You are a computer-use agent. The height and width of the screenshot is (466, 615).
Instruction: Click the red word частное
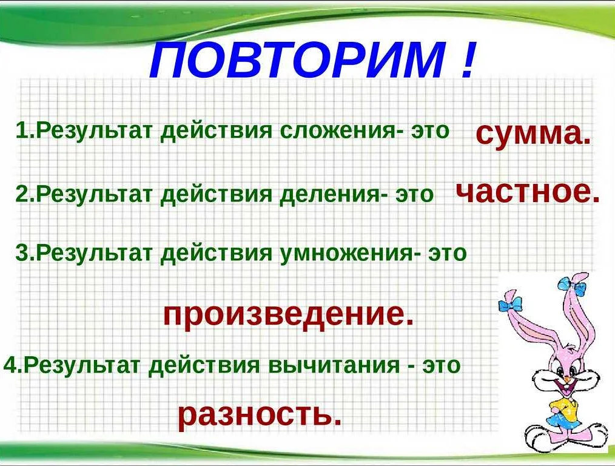pyautogui.click(x=528, y=192)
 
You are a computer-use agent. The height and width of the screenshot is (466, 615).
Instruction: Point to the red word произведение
pyautogui.click(x=288, y=314)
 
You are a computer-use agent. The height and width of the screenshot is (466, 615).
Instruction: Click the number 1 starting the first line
pyautogui.click(x=21, y=130)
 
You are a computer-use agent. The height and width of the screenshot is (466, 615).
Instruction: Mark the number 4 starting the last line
pyautogui.click(x=10, y=365)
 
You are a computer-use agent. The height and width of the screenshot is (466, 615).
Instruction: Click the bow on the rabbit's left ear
pyautogui.click(x=510, y=304)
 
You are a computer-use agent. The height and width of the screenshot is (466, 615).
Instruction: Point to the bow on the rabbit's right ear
pyautogui.click(x=573, y=285)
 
